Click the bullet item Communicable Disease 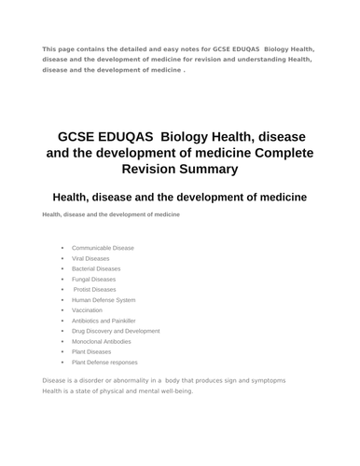103,248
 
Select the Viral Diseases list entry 90,258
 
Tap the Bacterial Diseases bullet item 96,268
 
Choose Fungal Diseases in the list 94,279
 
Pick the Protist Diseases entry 95,289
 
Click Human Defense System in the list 104,300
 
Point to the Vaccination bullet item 87,310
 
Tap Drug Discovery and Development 116,331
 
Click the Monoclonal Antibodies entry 102,341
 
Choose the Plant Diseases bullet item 91,351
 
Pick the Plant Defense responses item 104,362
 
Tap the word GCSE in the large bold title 80,135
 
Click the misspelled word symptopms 263,380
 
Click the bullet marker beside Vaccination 62,310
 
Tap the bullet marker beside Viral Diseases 62,258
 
